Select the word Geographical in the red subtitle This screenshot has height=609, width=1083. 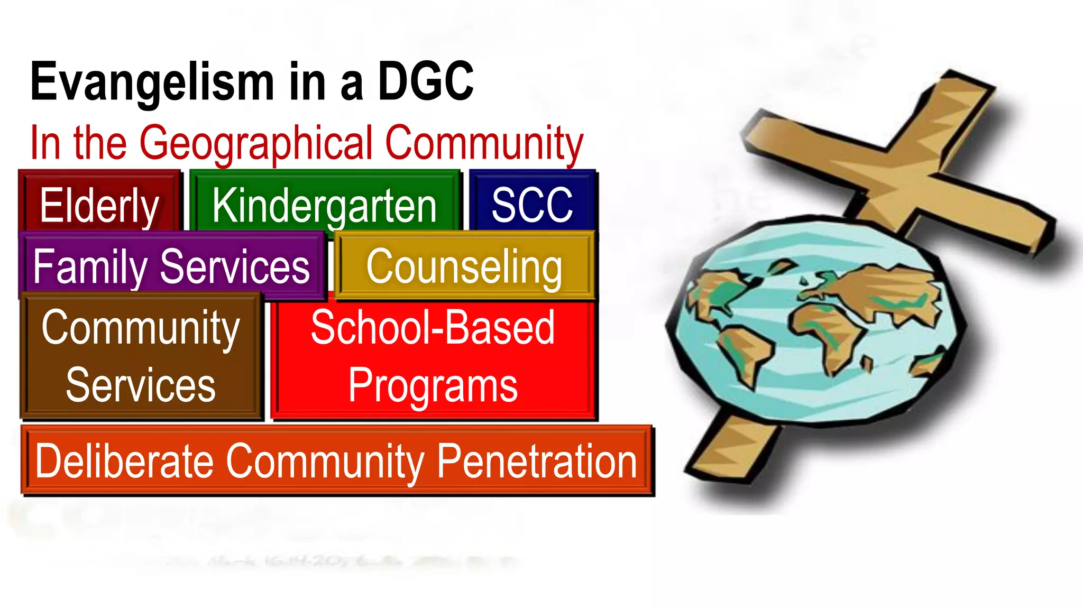[256, 143]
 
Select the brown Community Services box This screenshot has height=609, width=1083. [141, 356]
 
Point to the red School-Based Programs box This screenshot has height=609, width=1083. [433, 356]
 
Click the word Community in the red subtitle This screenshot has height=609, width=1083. [484, 143]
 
